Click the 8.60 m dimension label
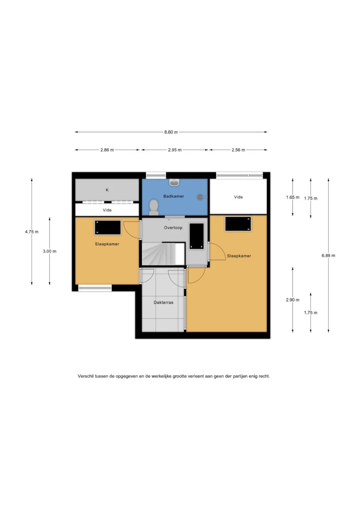pyautogui.click(x=171, y=132)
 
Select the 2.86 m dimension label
pyautogui.click(x=107, y=150)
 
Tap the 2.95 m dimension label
pyautogui.click(x=175, y=150)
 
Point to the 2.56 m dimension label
pyautogui.click(x=238, y=150)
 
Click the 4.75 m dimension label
pyautogui.click(x=31, y=232)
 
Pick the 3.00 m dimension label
pyautogui.click(x=49, y=252)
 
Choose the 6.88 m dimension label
pyautogui.click(x=328, y=255)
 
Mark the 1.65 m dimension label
pyautogui.click(x=293, y=197)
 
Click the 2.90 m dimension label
pyautogui.click(x=293, y=300)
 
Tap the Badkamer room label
pyautogui.click(x=174, y=196)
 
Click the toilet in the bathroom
pyautogui.click(x=154, y=207)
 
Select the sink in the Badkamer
pyautogui.click(x=174, y=182)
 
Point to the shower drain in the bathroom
pyautogui.click(x=200, y=197)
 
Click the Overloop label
pyautogui.click(x=173, y=228)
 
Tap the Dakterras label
pyautogui.click(x=163, y=302)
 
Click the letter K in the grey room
pyautogui.click(x=107, y=190)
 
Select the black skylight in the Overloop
pyautogui.click(x=197, y=236)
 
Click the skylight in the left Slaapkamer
pyautogui.click(x=108, y=228)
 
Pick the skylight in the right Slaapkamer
pyautogui.click(x=238, y=224)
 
